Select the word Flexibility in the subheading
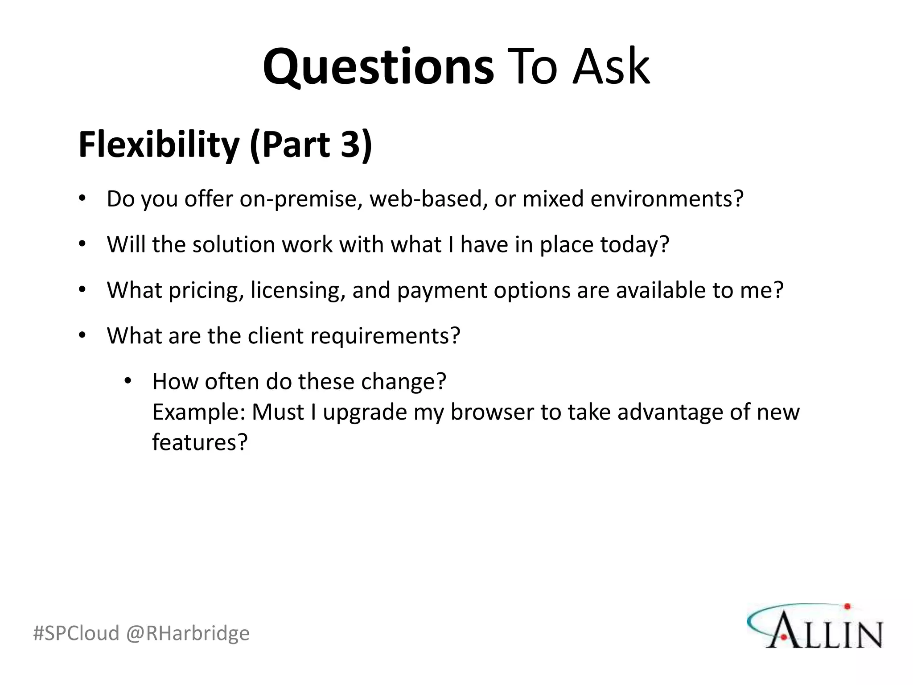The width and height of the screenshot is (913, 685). pyautogui.click(x=159, y=144)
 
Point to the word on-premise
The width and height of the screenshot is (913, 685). pyautogui.click(x=301, y=199)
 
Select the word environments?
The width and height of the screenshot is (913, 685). pyautogui.click(x=667, y=199)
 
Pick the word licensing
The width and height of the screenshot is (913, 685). pyautogui.click(x=298, y=291)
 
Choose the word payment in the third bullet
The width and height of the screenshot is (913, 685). pyautogui.click(x=441, y=291)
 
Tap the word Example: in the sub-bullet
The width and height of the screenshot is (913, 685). pyautogui.click(x=199, y=413)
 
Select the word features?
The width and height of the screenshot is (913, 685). pyautogui.click(x=200, y=442)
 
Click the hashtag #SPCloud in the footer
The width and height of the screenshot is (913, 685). pyautogui.click(x=76, y=633)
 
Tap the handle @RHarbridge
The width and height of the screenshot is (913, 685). pyautogui.click(x=188, y=633)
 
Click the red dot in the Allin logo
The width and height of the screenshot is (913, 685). pyautogui.click(x=847, y=607)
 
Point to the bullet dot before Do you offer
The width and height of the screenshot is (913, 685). pyautogui.click(x=82, y=198)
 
